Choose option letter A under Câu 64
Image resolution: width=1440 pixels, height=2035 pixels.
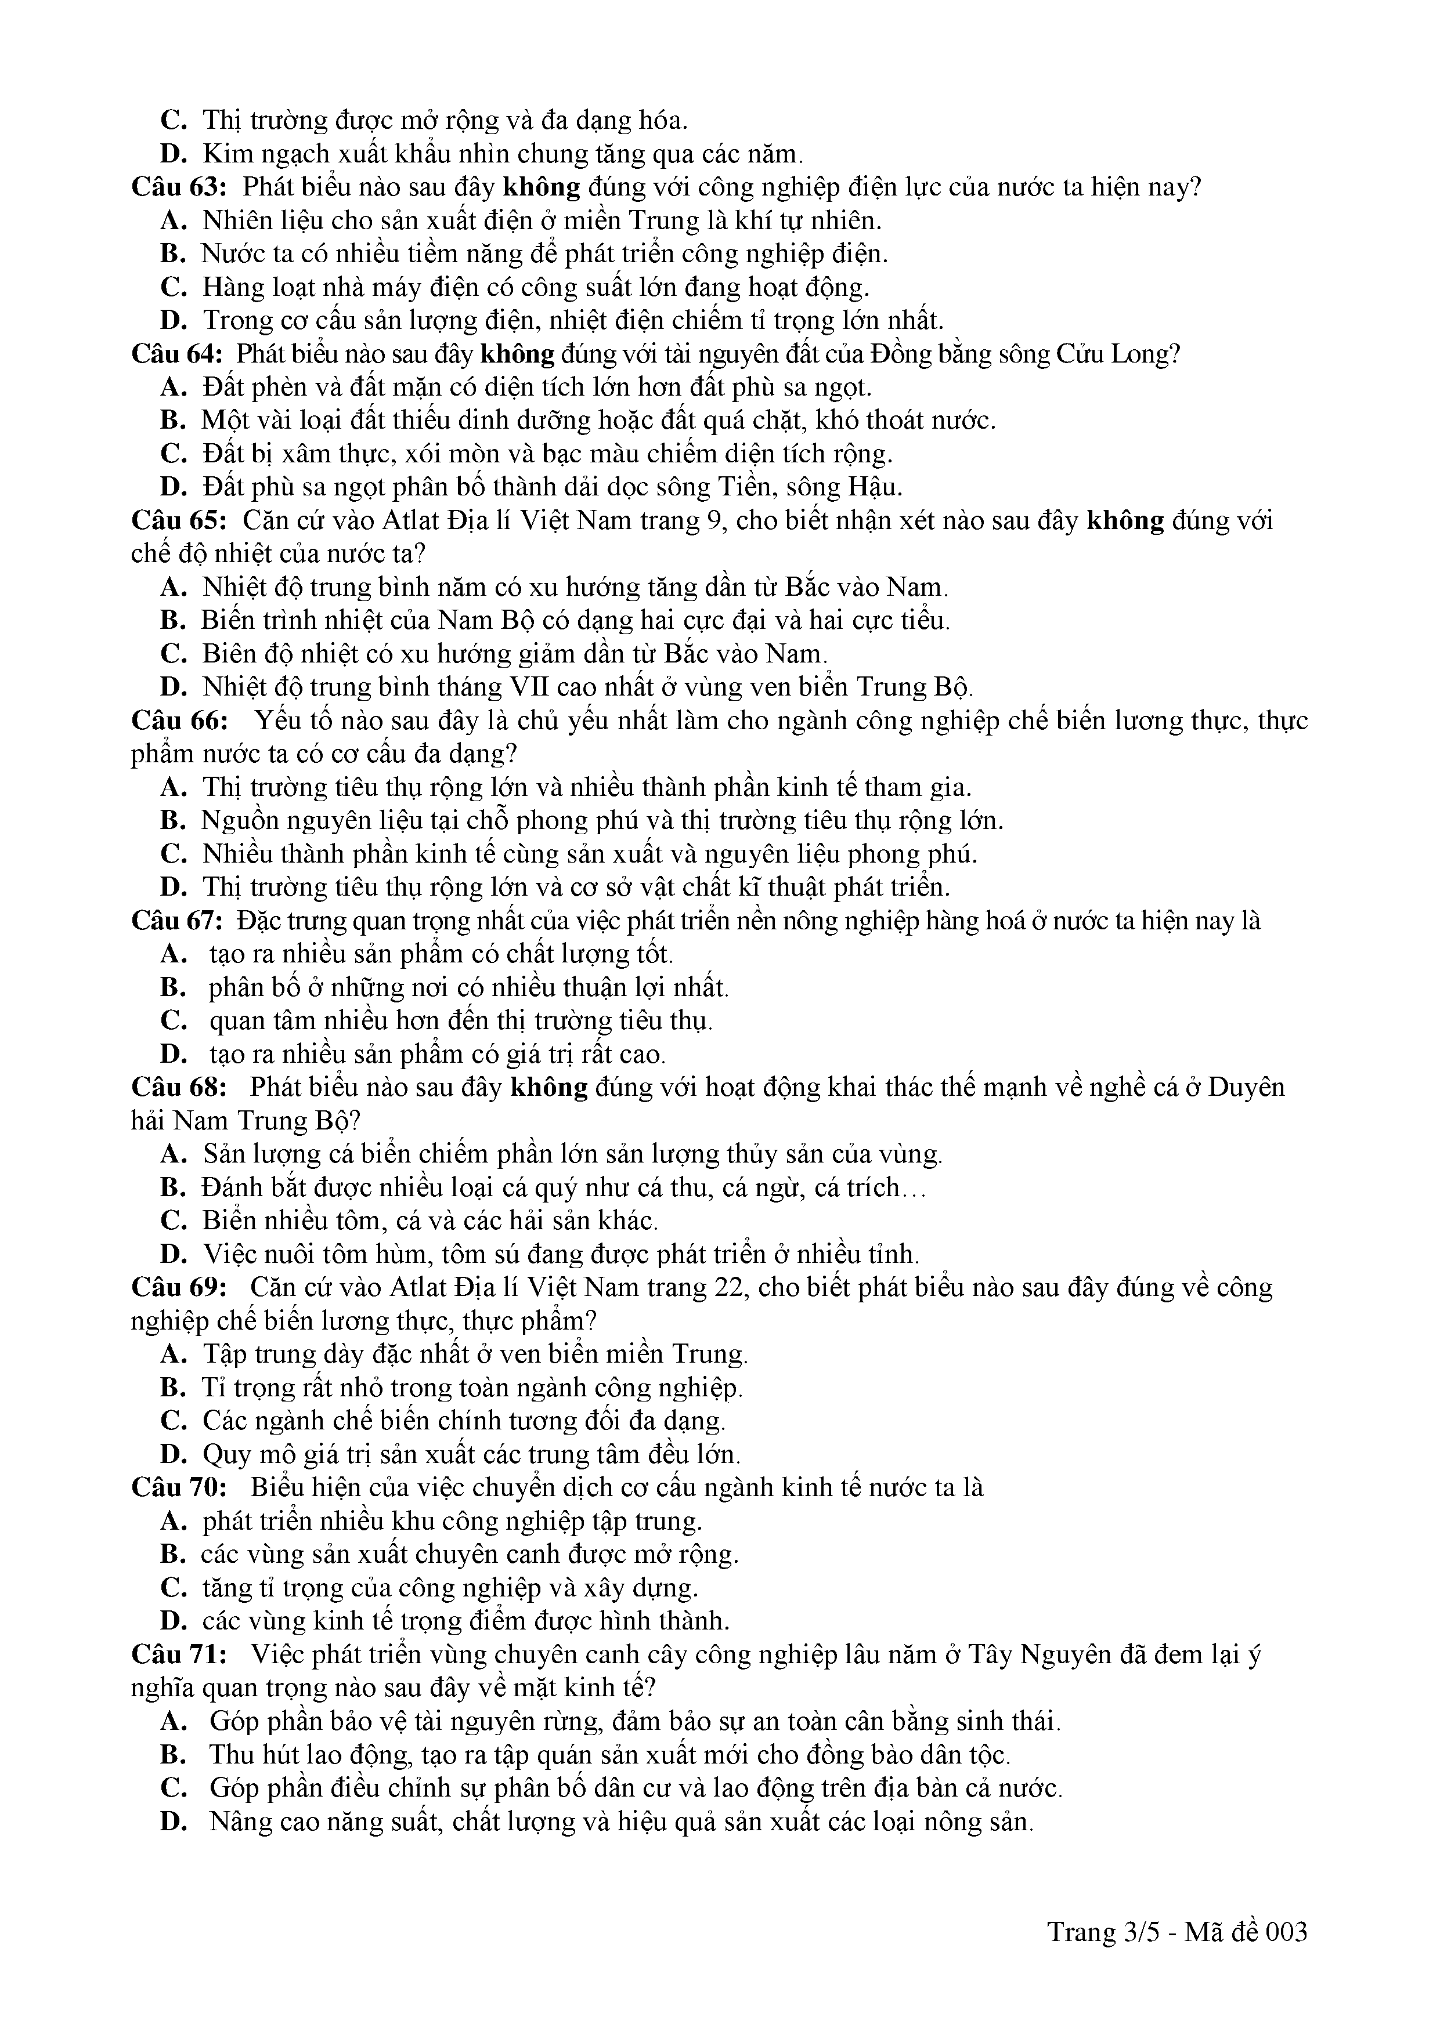tap(172, 388)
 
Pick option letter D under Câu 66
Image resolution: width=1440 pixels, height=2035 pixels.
tap(172, 887)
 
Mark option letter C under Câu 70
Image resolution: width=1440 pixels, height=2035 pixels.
tap(172, 1587)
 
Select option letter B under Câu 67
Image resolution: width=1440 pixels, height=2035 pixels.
tap(172, 987)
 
